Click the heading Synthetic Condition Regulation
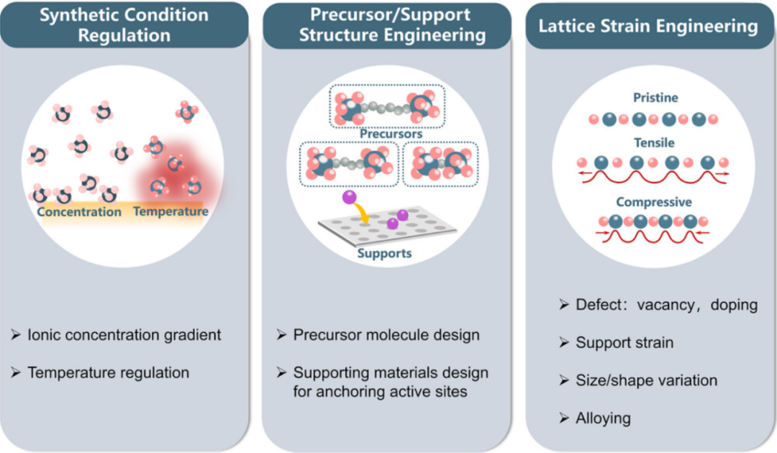click(x=124, y=25)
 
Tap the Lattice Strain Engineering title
click(x=648, y=27)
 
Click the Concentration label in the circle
click(x=79, y=212)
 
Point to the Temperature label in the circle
click(x=171, y=212)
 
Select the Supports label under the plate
click(x=385, y=253)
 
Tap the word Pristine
click(x=655, y=98)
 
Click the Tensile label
click(x=655, y=143)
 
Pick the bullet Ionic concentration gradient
click(x=124, y=335)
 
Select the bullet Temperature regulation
click(x=108, y=372)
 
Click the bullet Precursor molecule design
click(x=386, y=335)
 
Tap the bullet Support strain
click(x=624, y=342)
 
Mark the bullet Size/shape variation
click(x=646, y=380)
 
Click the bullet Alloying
click(x=603, y=418)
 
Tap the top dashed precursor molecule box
click(x=388, y=105)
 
